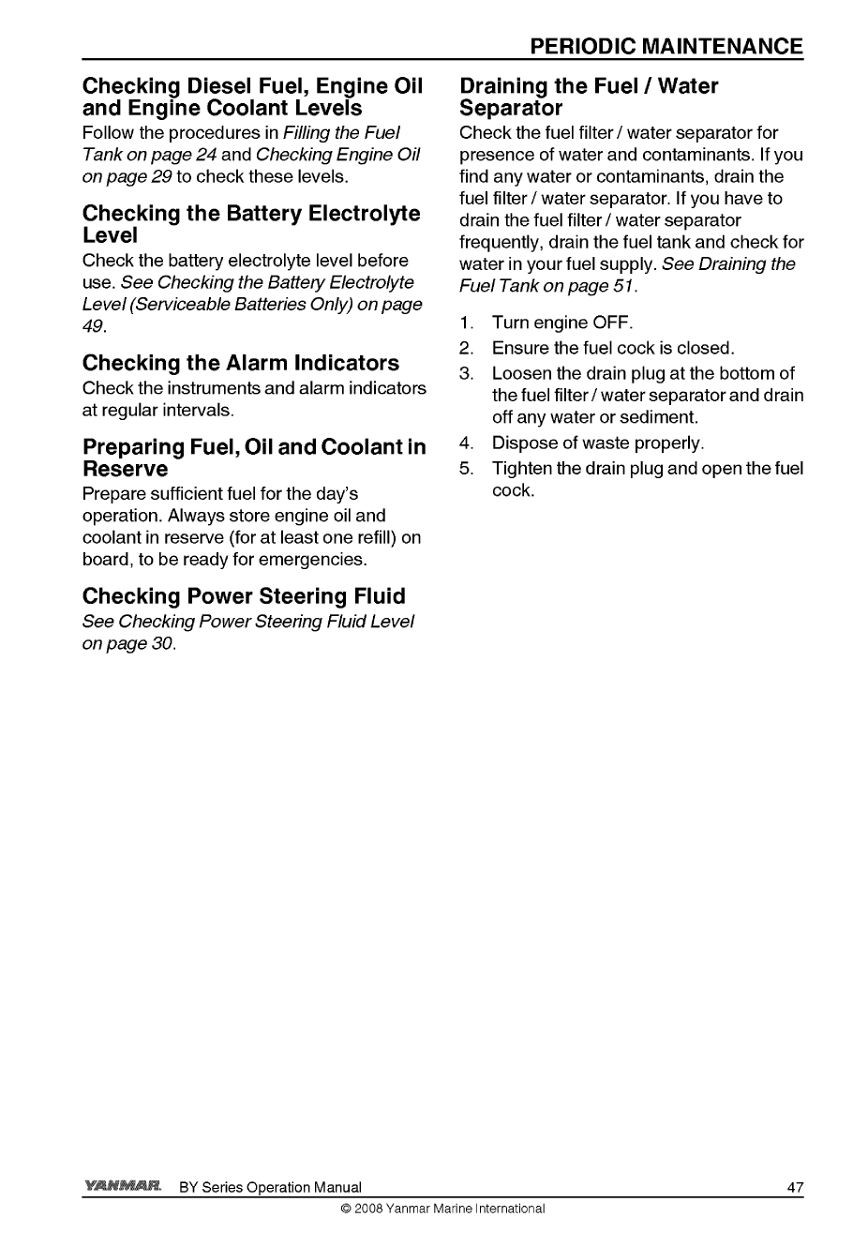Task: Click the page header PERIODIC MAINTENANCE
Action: pyautogui.click(x=665, y=47)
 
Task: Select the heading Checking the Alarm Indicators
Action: pyautogui.click(x=240, y=363)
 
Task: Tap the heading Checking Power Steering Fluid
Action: pyautogui.click(x=244, y=596)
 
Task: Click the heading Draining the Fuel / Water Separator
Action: pyautogui.click(x=589, y=98)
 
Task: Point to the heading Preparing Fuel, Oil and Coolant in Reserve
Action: pyautogui.click(x=253, y=457)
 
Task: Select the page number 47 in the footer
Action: pyautogui.click(x=795, y=1188)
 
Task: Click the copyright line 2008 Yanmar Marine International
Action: pyautogui.click(x=442, y=1209)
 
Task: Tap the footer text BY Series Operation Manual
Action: pyautogui.click(x=269, y=1188)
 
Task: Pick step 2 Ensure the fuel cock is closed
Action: pyautogui.click(x=613, y=349)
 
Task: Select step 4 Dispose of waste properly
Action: pyautogui.click(x=597, y=443)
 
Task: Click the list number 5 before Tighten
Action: pyautogui.click(x=465, y=468)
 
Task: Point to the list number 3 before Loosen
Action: pyautogui.click(x=465, y=374)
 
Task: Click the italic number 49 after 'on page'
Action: pyautogui.click(x=94, y=326)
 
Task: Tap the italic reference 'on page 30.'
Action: pyautogui.click(x=129, y=643)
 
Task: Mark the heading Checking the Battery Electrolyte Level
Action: pyautogui.click(x=251, y=224)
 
